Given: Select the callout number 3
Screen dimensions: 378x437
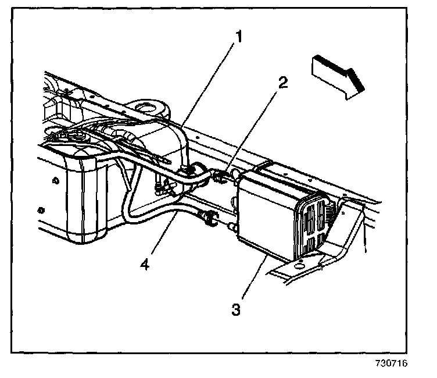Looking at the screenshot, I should (235, 309).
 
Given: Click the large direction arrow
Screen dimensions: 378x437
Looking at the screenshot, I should (337, 74).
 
